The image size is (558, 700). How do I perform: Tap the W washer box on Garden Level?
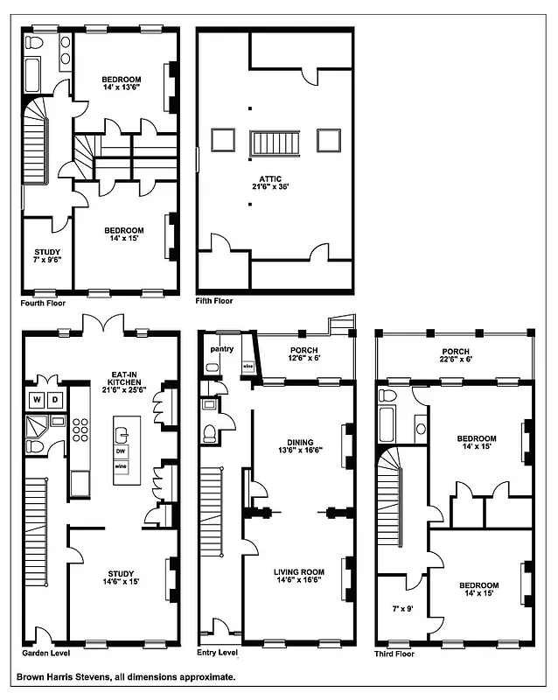[38, 401]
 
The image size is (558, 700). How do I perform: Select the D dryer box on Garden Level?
[54, 401]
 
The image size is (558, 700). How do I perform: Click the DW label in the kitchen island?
[122, 452]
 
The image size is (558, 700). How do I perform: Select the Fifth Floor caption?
[214, 302]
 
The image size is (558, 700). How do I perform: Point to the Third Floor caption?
[394, 653]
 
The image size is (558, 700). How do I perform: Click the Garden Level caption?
[45, 653]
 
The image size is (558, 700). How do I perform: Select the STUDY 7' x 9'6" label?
[41, 256]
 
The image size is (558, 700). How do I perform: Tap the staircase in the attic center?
[276, 143]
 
